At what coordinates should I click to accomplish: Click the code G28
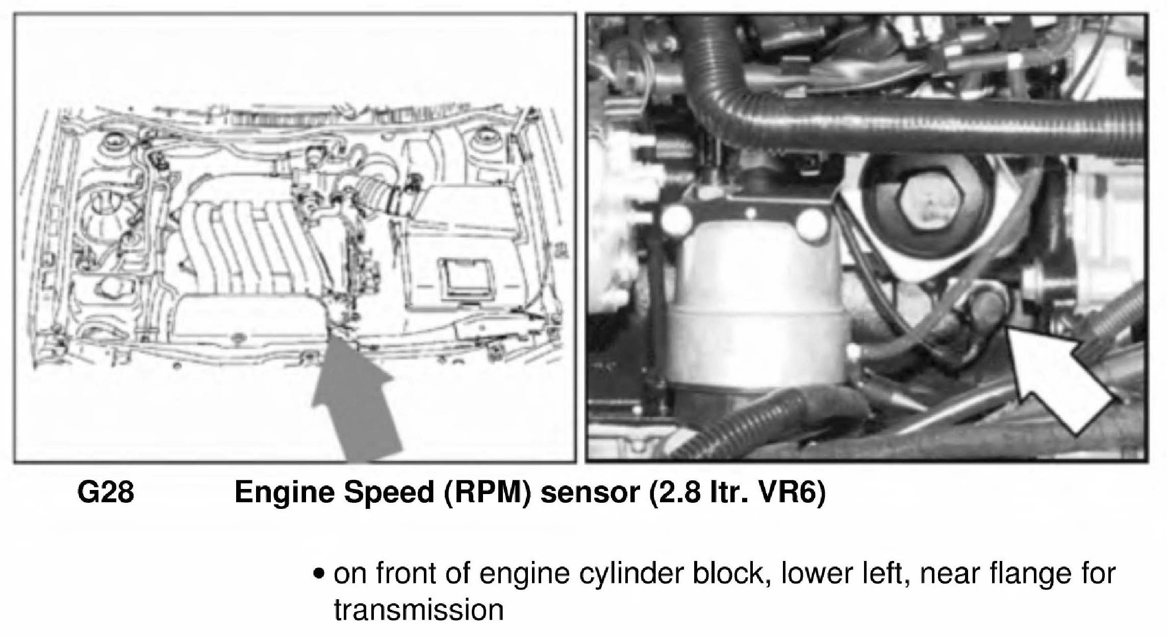pyautogui.click(x=106, y=494)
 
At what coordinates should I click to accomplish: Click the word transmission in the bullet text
pyautogui.click(x=418, y=609)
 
